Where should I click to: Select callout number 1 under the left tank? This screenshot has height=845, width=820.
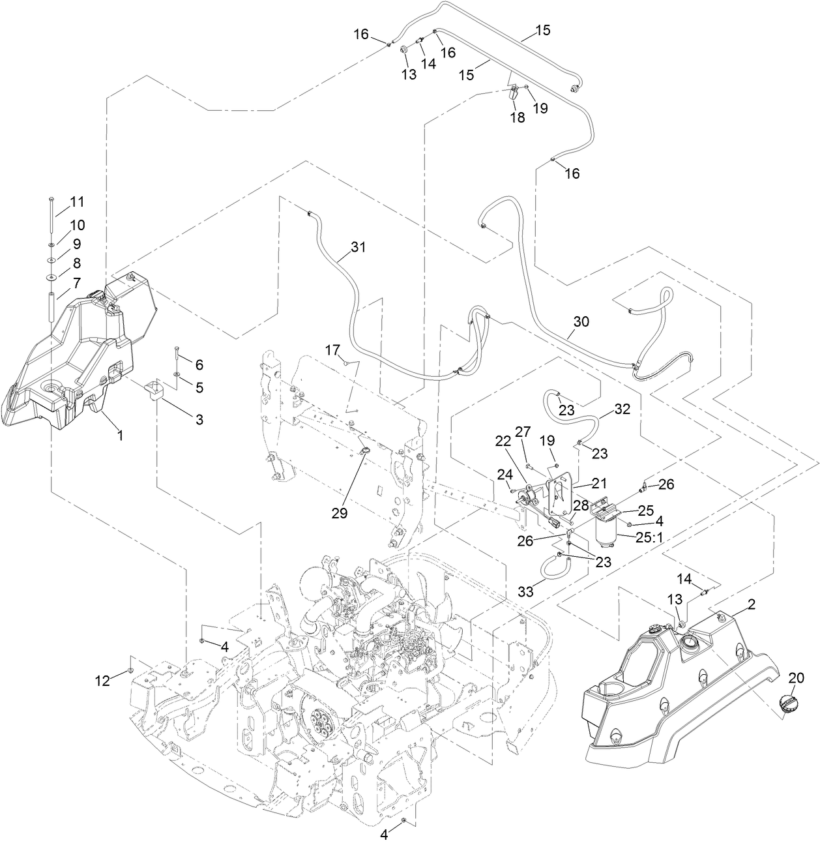click(x=119, y=434)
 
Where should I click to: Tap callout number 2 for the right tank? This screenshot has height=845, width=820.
click(x=751, y=605)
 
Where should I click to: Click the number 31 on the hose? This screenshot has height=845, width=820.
click(x=358, y=247)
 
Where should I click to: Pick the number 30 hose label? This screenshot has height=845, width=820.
click(x=581, y=321)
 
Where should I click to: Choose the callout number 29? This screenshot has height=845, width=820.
click(x=338, y=513)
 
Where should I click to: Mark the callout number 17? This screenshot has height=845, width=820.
click(x=332, y=350)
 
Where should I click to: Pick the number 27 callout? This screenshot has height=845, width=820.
click(x=523, y=432)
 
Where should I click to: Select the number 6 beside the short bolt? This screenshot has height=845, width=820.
click(x=199, y=364)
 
